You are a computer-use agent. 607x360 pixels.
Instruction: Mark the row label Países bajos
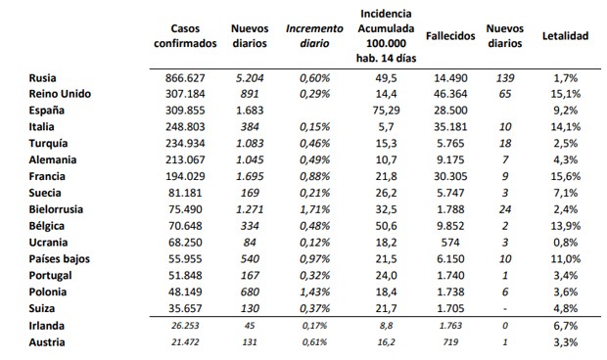pyautogui.click(x=62, y=259)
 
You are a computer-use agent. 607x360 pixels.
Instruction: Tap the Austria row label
pyautogui.click(x=48, y=342)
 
